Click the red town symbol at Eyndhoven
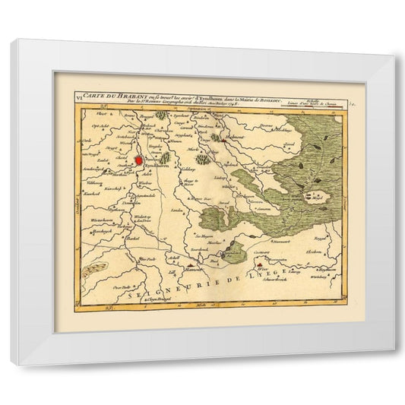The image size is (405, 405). click(x=139, y=160)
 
